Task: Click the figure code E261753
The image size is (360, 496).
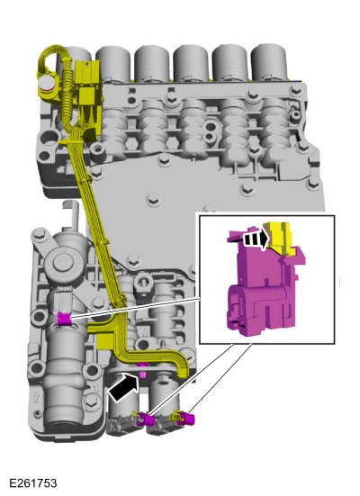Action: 33,482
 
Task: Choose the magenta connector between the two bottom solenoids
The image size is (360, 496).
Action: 146,419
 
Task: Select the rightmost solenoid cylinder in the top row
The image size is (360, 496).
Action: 269,63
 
